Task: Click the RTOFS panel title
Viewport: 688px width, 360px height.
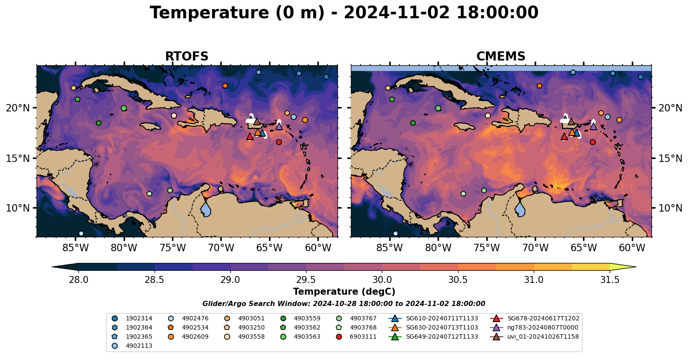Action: tap(186, 57)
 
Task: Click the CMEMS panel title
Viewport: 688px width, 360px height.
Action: tap(501, 57)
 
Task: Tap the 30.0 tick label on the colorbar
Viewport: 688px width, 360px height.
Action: tap(382, 280)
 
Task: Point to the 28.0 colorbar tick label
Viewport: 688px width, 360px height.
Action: tap(79, 280)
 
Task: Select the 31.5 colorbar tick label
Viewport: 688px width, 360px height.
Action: tap(610, 280)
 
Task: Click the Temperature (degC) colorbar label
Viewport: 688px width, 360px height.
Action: tap(344, 292)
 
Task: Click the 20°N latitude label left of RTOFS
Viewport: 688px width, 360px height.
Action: tap(18, 108)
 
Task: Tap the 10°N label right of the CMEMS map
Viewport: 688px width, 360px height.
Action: tap(670, 208)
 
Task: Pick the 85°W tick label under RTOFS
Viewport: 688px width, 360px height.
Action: tap(75, 248)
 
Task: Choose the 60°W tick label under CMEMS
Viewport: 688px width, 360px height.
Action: tap(632, 248)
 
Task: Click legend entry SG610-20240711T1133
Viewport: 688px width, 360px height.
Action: tap(442, 318)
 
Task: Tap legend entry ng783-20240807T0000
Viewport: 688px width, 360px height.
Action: tap(542, 327)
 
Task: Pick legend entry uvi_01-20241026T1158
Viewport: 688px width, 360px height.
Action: tap(543, 336)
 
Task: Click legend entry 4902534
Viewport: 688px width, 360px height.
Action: tap(195, 327)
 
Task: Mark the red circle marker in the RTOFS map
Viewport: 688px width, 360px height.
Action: tap(279, 142)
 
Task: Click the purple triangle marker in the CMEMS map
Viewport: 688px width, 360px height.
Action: tap(593, 126)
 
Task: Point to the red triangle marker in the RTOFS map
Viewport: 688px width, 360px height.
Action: tap(250, 137)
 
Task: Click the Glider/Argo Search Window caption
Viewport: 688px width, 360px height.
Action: tap(344, 304)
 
